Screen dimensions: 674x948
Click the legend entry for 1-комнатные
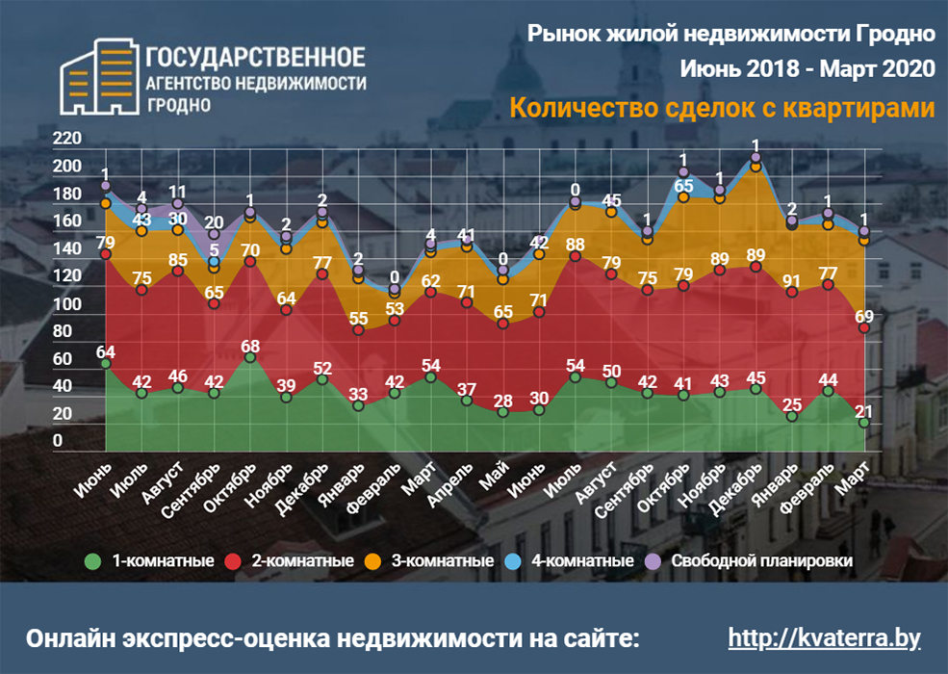(x=148, y=560)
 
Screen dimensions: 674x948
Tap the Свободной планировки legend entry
(x=752, y=560)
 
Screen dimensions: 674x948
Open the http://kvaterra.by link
(x=825, y=638)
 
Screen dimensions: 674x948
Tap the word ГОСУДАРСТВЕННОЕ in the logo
(x=255, y=57)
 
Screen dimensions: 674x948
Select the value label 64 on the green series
(x=105, y=350)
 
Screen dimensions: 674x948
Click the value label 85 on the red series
(x=177, y=259)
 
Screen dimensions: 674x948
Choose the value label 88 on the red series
(x=576, y=244)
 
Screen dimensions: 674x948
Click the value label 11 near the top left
(x=177, y=192)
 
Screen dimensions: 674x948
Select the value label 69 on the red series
(x=865, y=316)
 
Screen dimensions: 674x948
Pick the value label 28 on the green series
(x=502, y=400)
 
